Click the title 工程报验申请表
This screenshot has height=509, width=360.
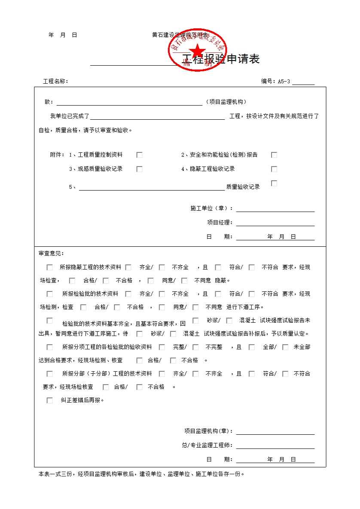click(221, 59)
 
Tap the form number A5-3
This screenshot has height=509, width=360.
click(284, 81)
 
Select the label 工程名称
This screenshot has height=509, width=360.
click(55, 81)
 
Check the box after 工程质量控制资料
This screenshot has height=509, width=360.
click(140, 155)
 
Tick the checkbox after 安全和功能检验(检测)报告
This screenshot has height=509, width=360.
click(274, 155)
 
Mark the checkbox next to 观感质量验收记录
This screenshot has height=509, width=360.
click(140, 169)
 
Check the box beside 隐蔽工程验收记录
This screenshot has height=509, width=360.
click(274, 169)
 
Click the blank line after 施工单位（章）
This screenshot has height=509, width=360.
click(275, 209)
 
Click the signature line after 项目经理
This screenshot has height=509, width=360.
click(275, 223)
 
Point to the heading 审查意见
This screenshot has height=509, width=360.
click(51, 254)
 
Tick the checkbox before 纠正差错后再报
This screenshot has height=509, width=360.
click(50, 400)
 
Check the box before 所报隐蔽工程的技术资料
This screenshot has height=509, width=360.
click(50, 267)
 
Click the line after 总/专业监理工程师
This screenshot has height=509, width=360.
click(275, 446)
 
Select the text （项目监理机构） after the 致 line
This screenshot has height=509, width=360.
click(226, 102)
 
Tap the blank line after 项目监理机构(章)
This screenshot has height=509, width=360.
click(275, 432)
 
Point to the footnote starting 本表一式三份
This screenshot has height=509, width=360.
click(141, 474)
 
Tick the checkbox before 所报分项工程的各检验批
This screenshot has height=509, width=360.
click(50, 347)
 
